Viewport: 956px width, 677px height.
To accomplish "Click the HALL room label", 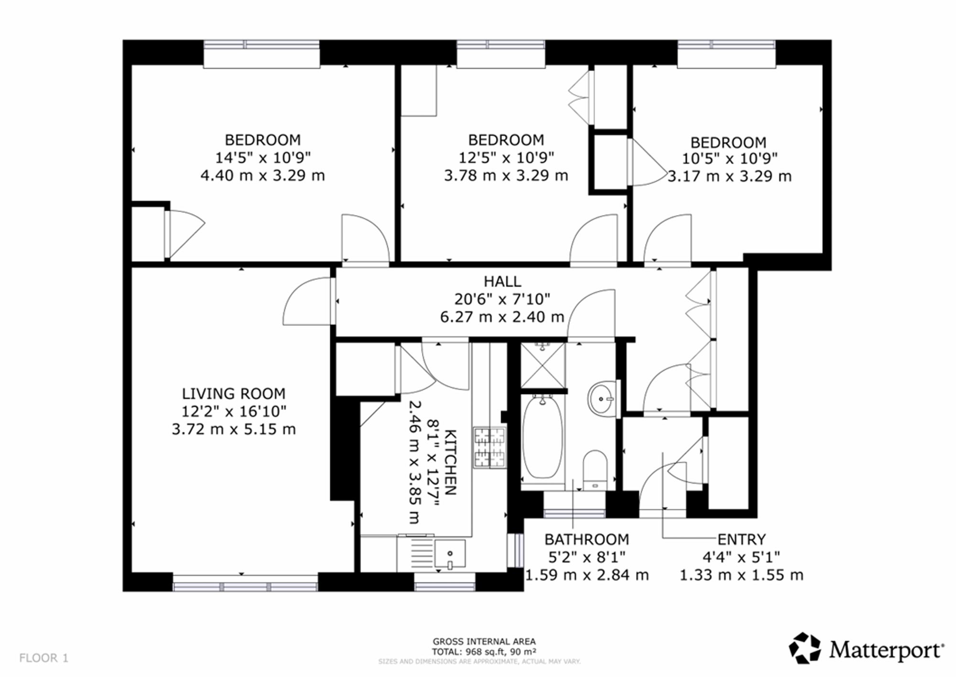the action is [x=502, y=281].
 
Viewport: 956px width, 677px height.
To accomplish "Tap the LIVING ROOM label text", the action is [x=234, y=393].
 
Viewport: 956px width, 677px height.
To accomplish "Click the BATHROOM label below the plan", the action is [x=587, y=539].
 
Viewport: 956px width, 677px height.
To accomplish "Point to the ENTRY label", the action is [x=741, y=539].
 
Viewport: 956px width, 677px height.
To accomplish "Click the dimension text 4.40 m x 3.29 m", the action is [x=262, y=175].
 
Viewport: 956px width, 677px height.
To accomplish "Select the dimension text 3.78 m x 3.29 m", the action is [x=506, y=175].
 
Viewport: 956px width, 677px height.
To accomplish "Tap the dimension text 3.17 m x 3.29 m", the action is [x=729, y=176].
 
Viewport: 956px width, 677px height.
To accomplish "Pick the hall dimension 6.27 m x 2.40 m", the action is [x=502, y=317].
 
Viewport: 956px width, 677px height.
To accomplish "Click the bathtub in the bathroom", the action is [x=543, y=437].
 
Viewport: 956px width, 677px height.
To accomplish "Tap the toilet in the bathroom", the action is [x=595, y=470].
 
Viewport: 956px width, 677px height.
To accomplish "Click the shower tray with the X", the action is [x=543, y=365].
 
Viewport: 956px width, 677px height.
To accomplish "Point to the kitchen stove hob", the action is [x=489, y=447].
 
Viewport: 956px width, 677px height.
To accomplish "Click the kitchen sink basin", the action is [x=449, y=554].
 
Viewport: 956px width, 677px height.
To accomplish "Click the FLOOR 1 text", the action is [x=44, y=658].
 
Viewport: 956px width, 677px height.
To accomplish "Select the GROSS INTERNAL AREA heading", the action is [x=484, y=642].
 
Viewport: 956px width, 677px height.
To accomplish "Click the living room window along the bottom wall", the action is [x=245, y=583].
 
